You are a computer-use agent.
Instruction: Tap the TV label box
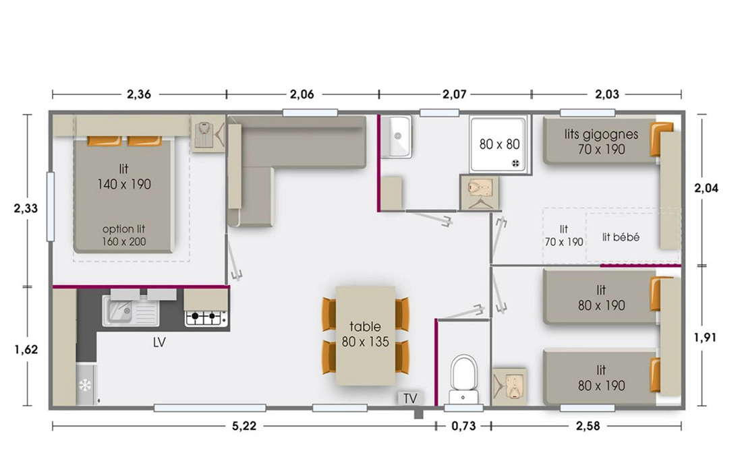pos(410,398)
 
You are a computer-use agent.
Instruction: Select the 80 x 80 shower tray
pos(498,144)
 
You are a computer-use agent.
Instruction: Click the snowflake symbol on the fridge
pos(85,386)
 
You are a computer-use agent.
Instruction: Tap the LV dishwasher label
pos(159,342)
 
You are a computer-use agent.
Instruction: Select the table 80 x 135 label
pos(366,334)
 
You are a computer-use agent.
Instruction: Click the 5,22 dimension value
pos(244,427)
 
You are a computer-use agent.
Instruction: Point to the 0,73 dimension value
pos(463,427)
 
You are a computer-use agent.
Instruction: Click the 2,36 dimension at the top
pos(139,94)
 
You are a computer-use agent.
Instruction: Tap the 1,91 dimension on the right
pos(705,338)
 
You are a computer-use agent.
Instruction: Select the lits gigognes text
pos(601,134)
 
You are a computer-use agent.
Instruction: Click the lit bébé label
pos(621,237)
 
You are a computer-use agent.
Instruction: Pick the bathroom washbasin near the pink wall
pos(397,137)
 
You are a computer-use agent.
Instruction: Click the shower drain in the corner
pos(516,164)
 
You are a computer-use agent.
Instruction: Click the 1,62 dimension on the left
pos(26,350)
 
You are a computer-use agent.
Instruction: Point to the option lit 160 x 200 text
pos(124,235)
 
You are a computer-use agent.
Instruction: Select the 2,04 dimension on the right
pos(706,188)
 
